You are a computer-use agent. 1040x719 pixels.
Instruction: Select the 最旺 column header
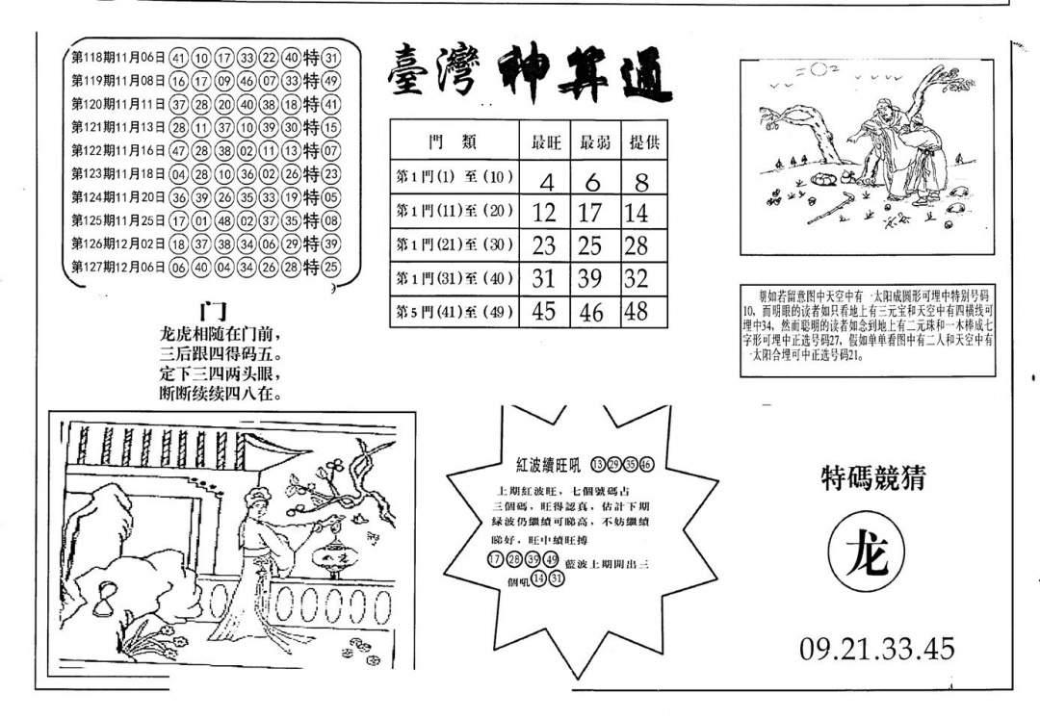click(x=545, y=142)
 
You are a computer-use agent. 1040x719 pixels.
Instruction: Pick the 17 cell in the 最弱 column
click(x=592, y=212)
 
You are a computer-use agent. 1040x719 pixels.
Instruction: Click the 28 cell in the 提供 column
click(x=636, y=245)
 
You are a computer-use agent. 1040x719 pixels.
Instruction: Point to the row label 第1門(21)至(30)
click(x=454, y=245)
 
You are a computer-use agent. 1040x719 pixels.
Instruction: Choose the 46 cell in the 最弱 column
click(x=592, y=311)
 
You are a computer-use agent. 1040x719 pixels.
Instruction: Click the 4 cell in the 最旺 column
click(x=545, y=179)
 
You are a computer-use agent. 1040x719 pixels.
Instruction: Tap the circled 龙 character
click(x=867, y=556)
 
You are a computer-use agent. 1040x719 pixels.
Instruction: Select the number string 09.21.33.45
click(x=876, y=648)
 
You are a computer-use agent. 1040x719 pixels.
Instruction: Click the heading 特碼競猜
click(x=872, y=478)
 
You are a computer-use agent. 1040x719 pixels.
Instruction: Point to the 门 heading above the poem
click(x=212, y=311)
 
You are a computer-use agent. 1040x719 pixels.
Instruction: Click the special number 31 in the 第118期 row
click(x=331, y=57)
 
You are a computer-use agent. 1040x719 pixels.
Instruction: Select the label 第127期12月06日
click(x=117, y=268)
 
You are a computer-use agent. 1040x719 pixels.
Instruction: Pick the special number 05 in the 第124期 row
click(x=331, y=197)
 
